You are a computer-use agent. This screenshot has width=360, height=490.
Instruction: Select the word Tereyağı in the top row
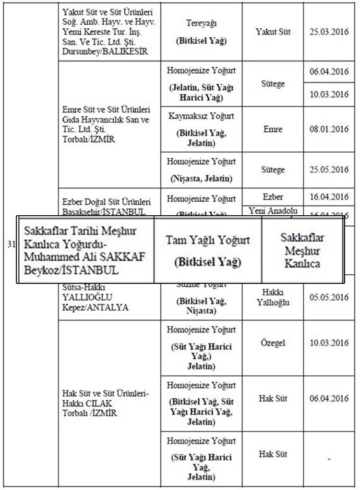pos(201,23)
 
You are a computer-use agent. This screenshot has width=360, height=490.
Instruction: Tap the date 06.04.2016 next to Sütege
pos(329,72)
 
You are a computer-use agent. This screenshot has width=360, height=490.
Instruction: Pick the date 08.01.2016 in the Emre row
pos(329,129)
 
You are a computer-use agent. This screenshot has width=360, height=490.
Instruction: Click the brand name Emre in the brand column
pos(273,129)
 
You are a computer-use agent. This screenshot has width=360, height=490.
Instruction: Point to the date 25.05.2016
pos(329,170)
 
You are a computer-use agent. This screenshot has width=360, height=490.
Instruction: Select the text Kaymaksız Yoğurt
pos(201,116)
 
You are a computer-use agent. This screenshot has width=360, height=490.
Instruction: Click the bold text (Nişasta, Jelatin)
pos(201,179)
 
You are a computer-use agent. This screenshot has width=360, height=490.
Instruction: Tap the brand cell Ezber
pos(273,196)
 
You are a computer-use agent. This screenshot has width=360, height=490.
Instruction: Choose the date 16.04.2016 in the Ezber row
pos(329,196)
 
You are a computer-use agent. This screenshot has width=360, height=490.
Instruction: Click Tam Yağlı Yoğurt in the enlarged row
pos(208,240)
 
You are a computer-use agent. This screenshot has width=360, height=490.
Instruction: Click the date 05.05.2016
pos(329,296)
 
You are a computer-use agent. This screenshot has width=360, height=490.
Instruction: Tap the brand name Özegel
pos(273,343)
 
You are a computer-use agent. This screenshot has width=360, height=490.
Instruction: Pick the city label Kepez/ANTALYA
pos(96,307)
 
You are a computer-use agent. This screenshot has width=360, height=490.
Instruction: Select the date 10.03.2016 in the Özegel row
pos(329,343)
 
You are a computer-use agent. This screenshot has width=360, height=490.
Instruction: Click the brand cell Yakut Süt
pos(273,32)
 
